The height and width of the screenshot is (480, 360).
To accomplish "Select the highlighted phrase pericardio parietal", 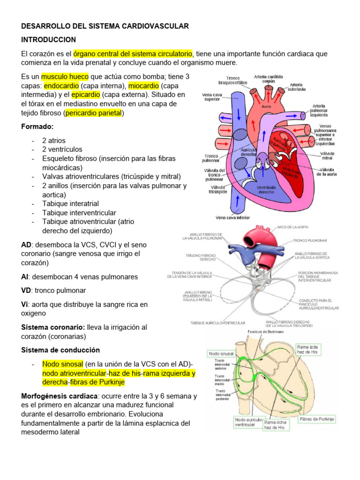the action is [x=94, y=113].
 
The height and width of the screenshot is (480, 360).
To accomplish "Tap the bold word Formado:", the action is [x=37, y=127].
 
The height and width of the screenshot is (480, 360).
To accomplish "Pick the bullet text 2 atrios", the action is [x=53, y=140].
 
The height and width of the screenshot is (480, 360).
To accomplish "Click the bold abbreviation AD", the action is [x=26, y=245].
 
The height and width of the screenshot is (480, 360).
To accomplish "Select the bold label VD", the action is [x=26, y=290].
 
